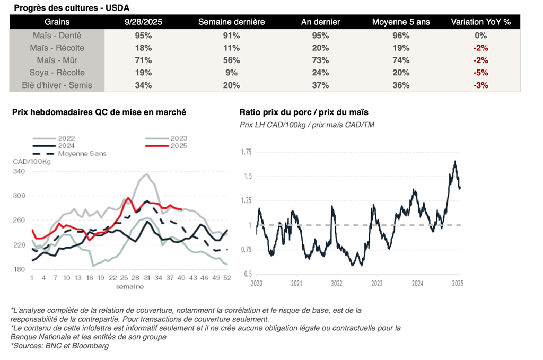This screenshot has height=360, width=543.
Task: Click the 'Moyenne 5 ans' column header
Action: coord(401,22)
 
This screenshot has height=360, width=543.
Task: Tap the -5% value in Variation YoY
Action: coord(480,73)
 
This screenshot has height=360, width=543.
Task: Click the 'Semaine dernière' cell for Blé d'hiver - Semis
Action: coord(231,85)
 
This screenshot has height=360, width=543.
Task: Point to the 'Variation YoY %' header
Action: coord(480,22)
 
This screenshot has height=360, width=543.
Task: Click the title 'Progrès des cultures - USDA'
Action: coord(71,8)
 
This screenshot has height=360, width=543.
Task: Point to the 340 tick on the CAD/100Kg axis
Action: coord(20,171)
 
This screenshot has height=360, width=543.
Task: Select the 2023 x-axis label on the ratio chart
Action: coord(376,284)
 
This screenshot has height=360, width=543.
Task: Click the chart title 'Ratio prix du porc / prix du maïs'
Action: coord(303,112)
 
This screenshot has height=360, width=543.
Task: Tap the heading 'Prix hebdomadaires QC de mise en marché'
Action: coord(99,112)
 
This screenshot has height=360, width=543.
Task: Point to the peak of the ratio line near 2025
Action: coord(455,161)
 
